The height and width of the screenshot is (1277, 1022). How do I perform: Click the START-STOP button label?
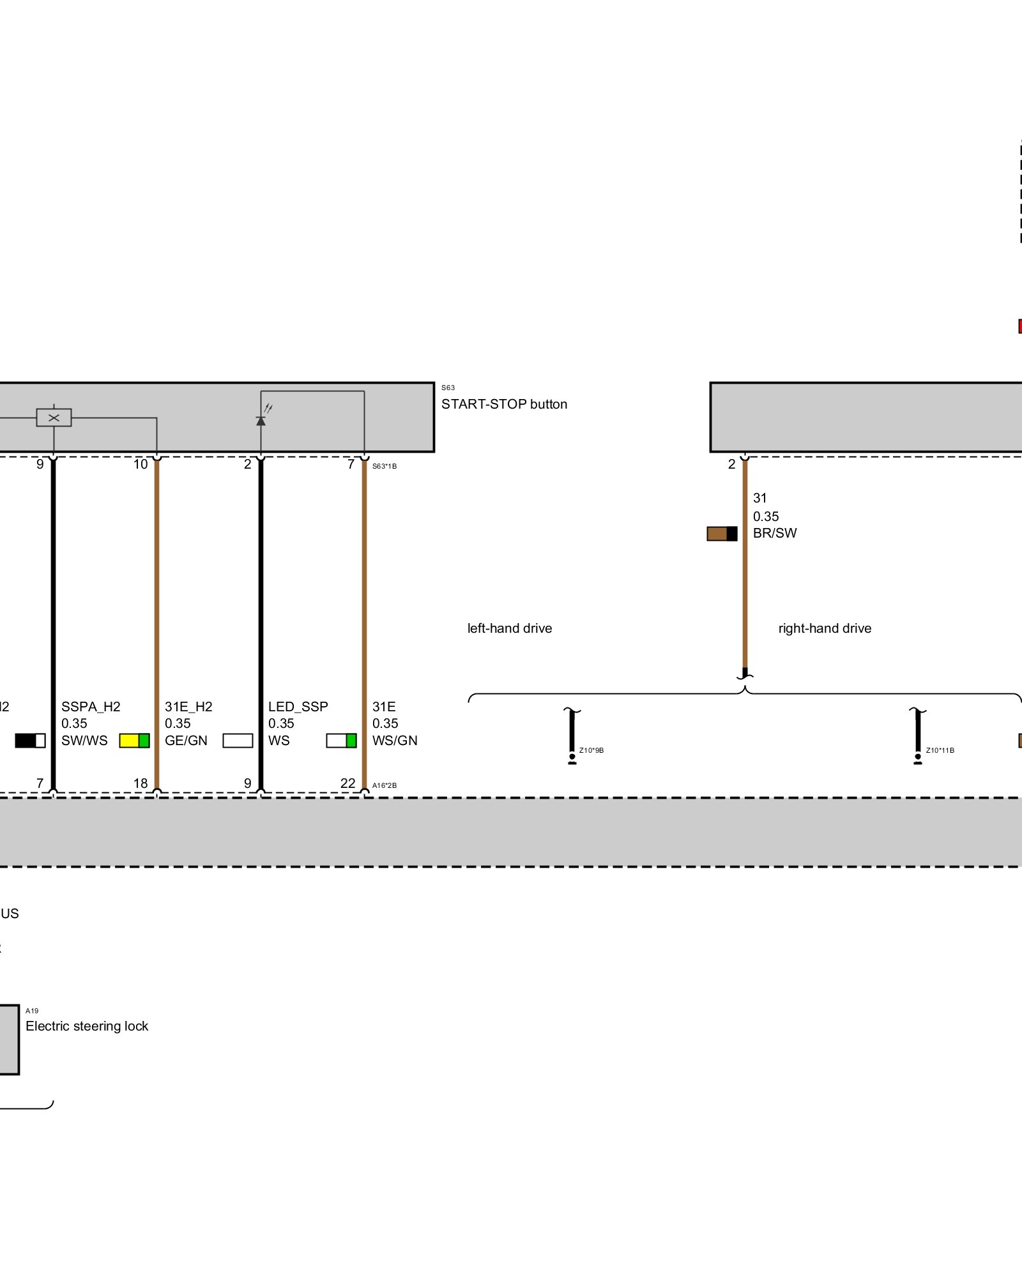tap(504, 404)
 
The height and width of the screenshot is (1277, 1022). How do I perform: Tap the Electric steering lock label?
tap(87, 1026)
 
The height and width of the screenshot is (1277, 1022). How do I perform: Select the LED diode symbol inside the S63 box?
tap(261, 421)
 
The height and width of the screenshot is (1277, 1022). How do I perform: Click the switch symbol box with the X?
tap(54, 418)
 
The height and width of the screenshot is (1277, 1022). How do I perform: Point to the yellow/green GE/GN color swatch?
tap(134, 741)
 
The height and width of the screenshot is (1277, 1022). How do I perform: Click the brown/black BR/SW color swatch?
tap(722, 534)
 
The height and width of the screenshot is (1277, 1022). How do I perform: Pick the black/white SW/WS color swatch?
tap(30, 741)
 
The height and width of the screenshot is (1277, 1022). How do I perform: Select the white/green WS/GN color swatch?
tap(341, 741)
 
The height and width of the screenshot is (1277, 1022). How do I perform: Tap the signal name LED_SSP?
tap(298, 707)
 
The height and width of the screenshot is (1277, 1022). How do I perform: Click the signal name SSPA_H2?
tap(91, 707)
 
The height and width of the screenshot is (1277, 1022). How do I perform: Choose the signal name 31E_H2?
tap(188, 707)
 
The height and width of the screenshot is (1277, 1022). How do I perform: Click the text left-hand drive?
tap(510, 628)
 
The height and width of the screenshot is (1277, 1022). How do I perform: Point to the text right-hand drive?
tap(825, 628)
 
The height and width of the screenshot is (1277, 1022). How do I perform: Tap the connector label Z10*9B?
tap(591, 750)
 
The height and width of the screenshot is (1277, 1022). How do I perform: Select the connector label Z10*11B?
tap(940, 750)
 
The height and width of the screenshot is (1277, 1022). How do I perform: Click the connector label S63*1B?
tap(385, 466)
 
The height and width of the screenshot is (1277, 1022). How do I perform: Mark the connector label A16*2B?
tap(385, 785)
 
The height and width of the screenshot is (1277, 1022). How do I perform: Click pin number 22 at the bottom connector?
tap(347, 783)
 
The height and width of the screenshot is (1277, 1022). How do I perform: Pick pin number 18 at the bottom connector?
tap(141, 783)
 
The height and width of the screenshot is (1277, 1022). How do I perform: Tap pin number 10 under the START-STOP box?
tap(141, 464)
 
